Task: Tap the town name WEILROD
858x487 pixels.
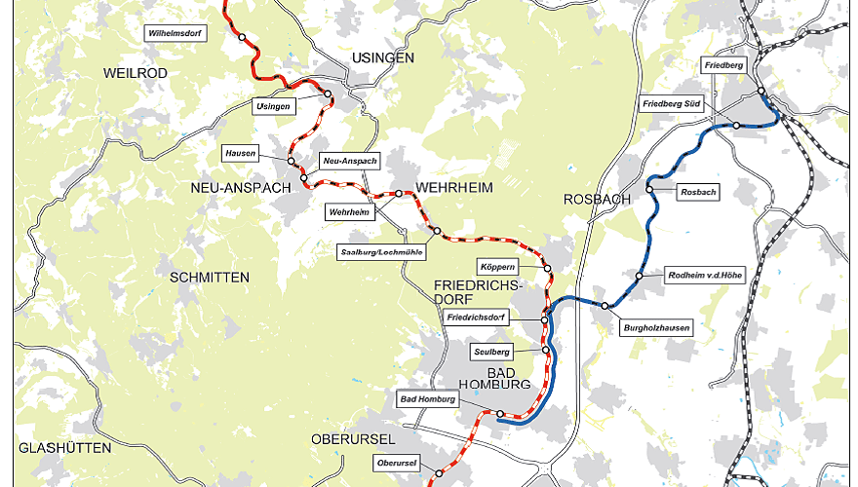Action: click(136, 73)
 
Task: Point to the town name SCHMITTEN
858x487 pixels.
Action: click(210, 278)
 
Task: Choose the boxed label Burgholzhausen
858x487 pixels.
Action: click(657, 329)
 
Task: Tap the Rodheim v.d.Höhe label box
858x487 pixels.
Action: click(704, 277)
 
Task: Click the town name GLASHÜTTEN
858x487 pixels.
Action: click(64, 448)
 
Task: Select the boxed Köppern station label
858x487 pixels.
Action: click(496, 267)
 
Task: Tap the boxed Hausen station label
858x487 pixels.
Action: click(240, 154)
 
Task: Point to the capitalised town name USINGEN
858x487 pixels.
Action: click(381, 57)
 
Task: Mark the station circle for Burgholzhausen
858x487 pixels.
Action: click(604, 306)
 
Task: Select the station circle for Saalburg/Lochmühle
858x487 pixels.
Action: click(437, 231)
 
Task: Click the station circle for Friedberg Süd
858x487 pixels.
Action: click(737, 126)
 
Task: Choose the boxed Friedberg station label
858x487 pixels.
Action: click(723, 65)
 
